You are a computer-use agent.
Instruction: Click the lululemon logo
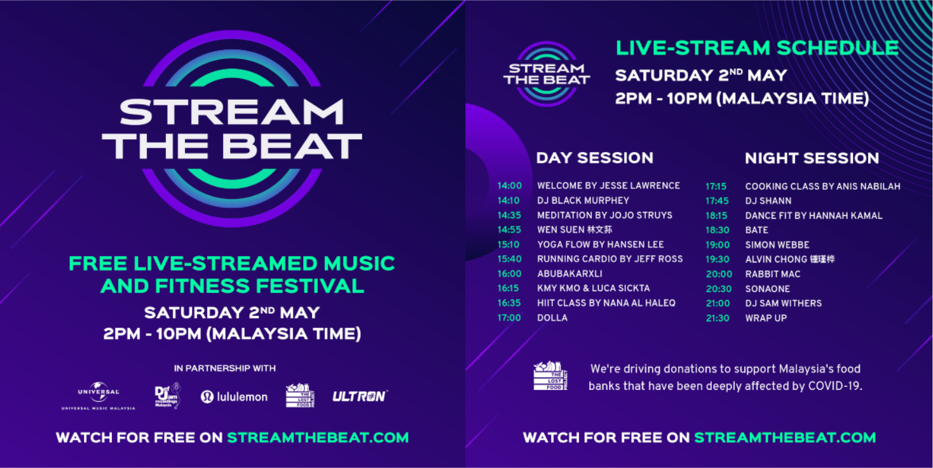234,397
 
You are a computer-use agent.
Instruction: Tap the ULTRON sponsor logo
359,396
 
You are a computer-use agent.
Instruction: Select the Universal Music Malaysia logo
99,396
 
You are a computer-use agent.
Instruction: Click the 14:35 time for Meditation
509,216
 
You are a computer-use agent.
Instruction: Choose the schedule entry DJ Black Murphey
583,200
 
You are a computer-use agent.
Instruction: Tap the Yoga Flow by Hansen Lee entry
600,244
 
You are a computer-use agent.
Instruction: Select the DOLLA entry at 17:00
552,318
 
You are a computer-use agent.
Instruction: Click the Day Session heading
594,158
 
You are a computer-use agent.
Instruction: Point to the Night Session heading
812,158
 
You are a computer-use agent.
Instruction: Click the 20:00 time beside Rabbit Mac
719,274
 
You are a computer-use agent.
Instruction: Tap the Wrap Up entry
765,318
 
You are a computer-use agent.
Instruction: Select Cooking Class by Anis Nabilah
822,186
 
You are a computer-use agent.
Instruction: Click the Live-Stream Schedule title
757,48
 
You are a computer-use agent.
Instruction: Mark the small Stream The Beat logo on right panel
547,73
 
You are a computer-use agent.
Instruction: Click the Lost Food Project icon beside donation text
550,376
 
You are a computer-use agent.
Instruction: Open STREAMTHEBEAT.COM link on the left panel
318,437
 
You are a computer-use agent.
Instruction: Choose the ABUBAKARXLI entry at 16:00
569,274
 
